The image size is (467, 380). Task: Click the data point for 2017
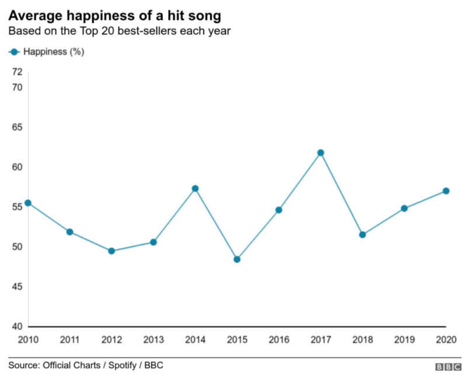[x=320, y=153]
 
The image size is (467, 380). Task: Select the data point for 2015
[x=236, y=259]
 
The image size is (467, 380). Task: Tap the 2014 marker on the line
[x=195, y=189]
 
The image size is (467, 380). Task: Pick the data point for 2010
[x=27, y=203]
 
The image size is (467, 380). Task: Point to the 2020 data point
[x=446, y=191]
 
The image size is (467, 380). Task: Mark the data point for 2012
[x=111, y=251]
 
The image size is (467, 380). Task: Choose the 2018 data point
[x=362, y=235]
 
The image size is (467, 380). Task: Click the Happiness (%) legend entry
[x=47, y=52]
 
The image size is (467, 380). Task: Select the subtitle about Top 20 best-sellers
[x=120, y=31]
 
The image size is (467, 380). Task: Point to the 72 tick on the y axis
[x=17, y=72]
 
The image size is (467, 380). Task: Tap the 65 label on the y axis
[x=17, y=127]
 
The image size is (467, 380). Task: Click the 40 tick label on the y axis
[x=17, y=326]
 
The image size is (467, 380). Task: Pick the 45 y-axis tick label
[x=17, y=287]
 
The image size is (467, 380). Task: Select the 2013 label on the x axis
[x=153, y=339]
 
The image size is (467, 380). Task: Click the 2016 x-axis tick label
[x=278, y=339]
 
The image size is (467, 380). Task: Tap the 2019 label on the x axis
[x=404, y=339]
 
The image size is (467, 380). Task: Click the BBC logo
[x=448, y=367]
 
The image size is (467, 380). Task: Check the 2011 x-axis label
[x=69, y=339]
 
